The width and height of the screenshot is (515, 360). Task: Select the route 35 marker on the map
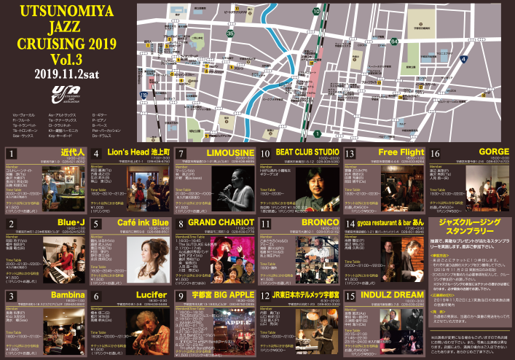tap(230, 34)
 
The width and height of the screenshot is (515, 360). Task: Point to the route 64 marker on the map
tap(394, 42)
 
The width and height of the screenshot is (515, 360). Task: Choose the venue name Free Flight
tap(401, 154)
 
